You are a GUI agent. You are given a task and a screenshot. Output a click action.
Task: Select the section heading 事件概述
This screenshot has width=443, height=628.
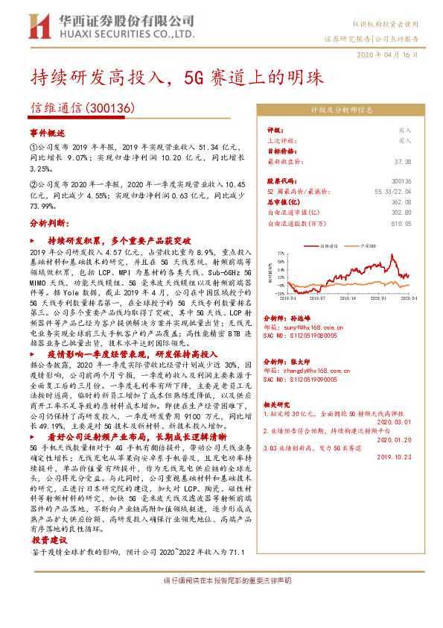coord(43,131)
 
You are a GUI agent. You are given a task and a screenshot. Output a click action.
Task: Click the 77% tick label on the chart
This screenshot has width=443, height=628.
coord(277,254)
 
